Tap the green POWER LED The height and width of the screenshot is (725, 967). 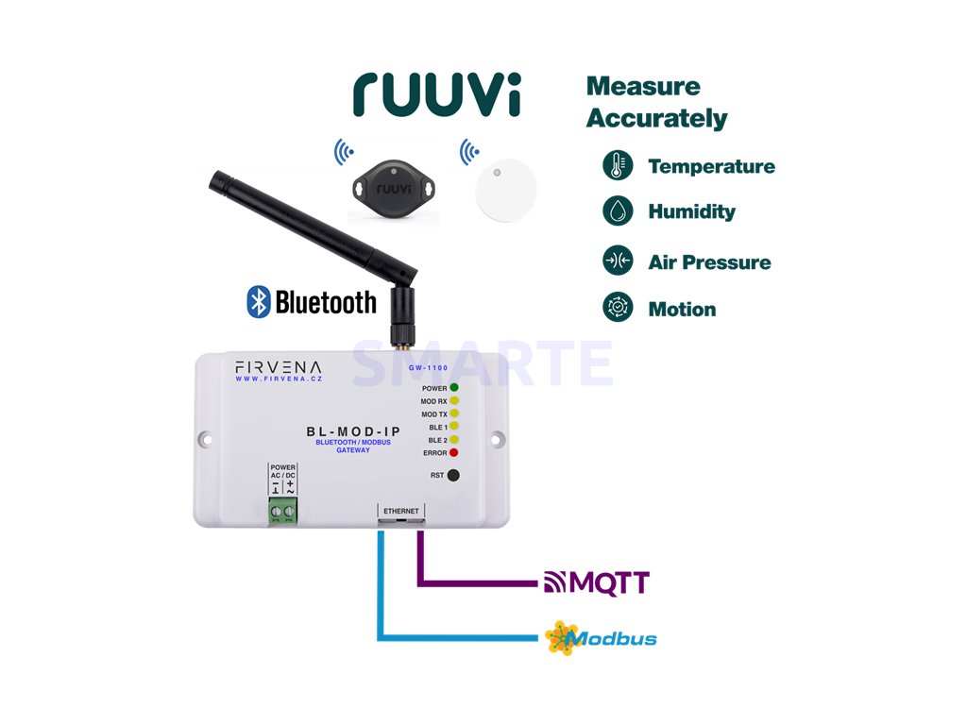point(454,388)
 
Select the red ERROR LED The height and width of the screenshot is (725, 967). point(454,453)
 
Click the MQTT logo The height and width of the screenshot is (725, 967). point(597,582)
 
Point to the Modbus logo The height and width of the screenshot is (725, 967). point(601,638)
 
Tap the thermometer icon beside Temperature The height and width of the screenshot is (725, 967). point(618,166)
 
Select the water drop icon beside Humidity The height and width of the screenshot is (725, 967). point(618,211)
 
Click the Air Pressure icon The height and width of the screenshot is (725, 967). point(618,260)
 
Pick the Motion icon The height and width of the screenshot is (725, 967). point(618,308)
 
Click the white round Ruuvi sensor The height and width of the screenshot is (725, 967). point(503,188)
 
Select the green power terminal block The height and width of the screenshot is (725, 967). point(283,514)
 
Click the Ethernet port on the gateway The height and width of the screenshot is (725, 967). point(400,515)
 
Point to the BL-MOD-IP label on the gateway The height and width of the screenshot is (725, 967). point(343,432)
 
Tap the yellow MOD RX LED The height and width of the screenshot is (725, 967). point(454,401)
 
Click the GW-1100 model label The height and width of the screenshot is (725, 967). point(428,367)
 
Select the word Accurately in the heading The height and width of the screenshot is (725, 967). point(656,119)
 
